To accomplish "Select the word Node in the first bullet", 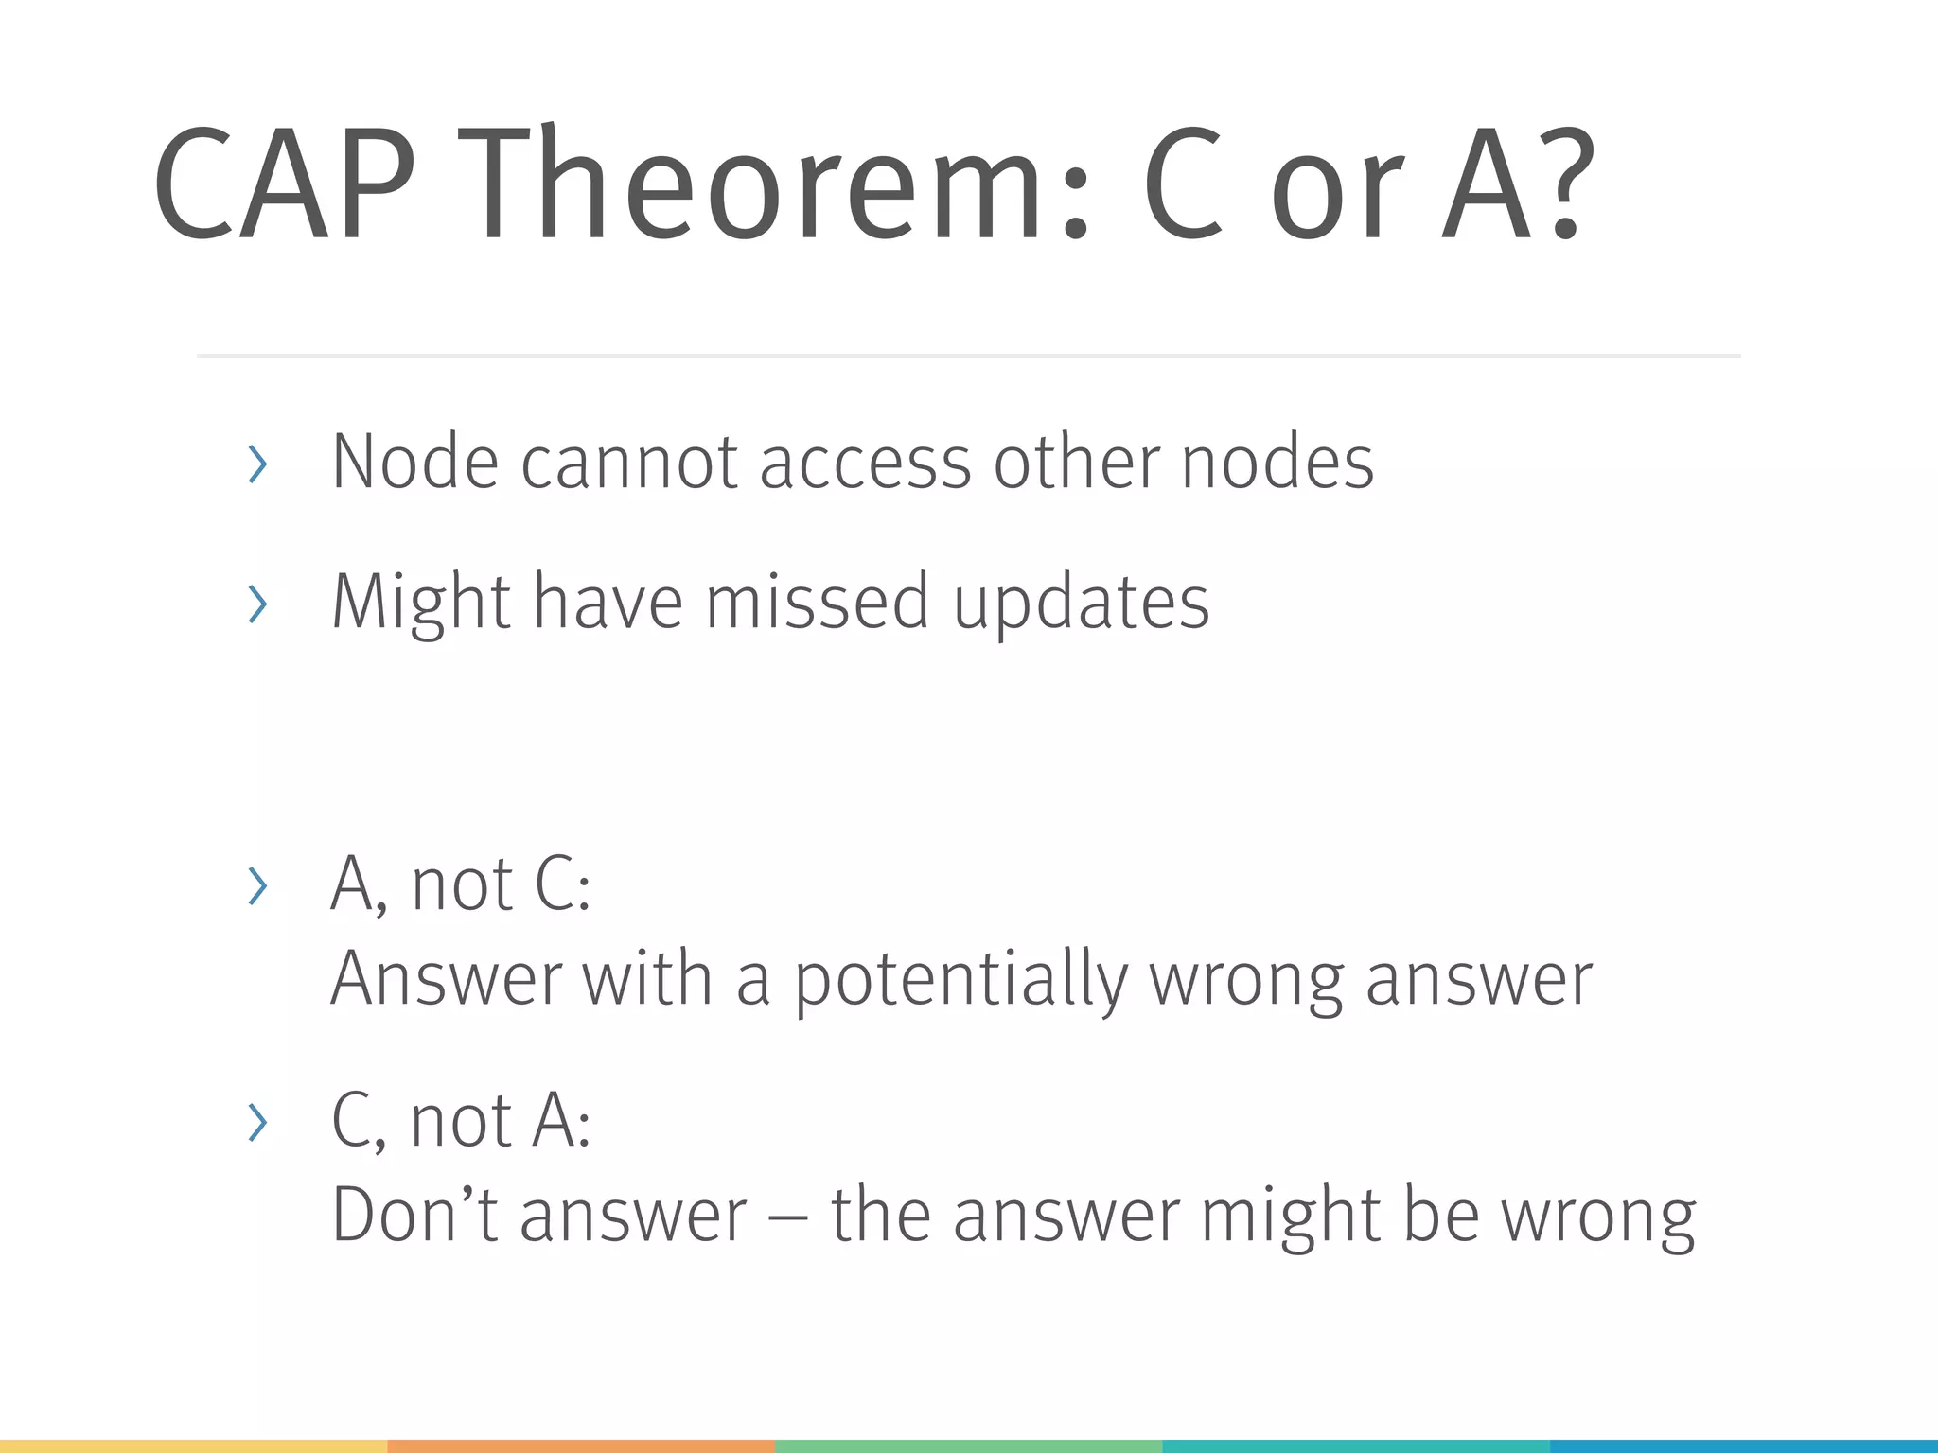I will click(x=414, y=462).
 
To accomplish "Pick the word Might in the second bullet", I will click(x=421, y=603).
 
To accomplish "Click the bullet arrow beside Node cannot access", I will click(x=256, y=464).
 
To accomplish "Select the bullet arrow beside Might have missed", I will click(x=256, y=604).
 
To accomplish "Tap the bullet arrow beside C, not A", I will click(x=256, y=1122).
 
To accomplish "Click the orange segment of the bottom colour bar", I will click(x=581, y=1446).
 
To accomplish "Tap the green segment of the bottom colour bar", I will click(x=968, y=1446).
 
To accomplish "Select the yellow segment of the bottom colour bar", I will click(x=193, y=1446).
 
